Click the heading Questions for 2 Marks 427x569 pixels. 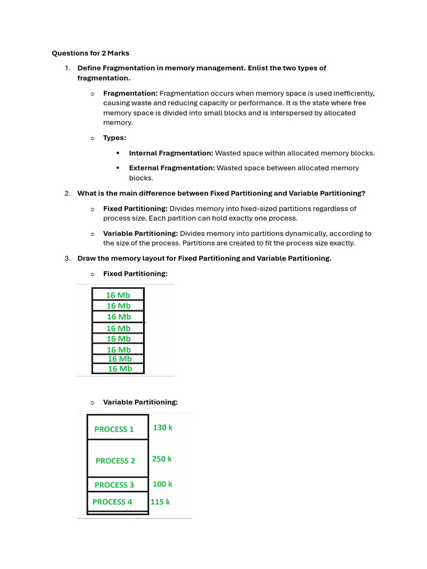(90, 53)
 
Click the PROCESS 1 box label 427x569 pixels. (114, 429)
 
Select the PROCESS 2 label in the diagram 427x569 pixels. (115, 461)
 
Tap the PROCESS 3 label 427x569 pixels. (114, 485)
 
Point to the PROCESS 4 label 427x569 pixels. (112, 502)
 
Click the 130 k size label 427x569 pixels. (162, 427)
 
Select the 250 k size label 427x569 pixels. (162, 459)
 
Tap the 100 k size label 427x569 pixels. (162, 484)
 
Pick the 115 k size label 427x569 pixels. (160, 501)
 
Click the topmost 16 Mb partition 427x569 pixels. (118, 295)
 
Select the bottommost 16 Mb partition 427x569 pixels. (120, 368)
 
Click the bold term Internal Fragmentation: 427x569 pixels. (171, 153)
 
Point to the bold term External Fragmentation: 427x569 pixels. (171, 168)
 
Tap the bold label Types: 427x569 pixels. (115, 138)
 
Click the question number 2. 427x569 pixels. (67, 193)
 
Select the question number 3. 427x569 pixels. (67, 258)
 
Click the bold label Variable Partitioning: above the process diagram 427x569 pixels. (140, 402)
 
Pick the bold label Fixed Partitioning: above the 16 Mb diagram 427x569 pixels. (135, 273)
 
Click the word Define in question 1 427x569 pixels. (89, 68)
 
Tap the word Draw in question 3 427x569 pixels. (87, 258)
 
